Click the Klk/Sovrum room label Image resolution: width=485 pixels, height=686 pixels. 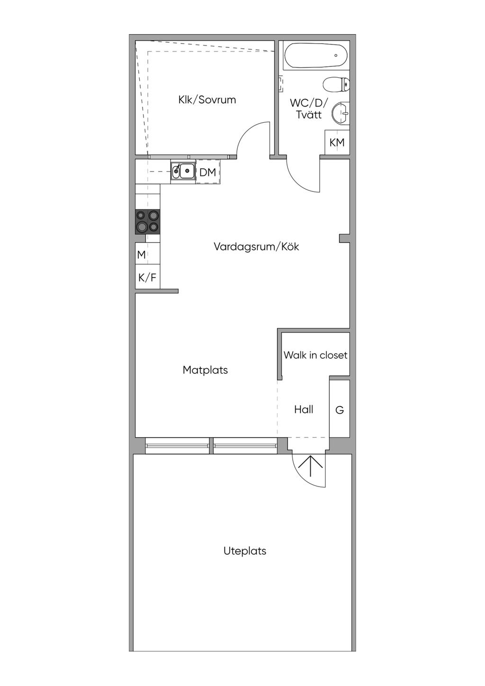point(207,100)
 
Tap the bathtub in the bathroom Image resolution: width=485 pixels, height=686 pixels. point(316,55)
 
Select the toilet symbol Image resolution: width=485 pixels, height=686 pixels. point(336,84)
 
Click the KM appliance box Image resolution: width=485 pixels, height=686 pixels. point(337,143)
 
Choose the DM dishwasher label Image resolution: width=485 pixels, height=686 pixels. point(207,172)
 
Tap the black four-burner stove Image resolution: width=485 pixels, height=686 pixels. point(148,222)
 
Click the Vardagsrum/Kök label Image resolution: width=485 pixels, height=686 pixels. point(256,246)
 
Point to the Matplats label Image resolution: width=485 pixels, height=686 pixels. point(205,370)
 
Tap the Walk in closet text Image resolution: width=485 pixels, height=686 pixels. point(315,355)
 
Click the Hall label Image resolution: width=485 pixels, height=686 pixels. point(304,409)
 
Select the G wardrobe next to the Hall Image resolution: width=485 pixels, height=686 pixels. point(340,409)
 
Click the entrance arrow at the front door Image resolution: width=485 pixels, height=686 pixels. point(311,466)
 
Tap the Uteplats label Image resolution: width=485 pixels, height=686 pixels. point(245,551)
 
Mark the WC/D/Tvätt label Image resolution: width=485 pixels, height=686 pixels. point(309,108)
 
